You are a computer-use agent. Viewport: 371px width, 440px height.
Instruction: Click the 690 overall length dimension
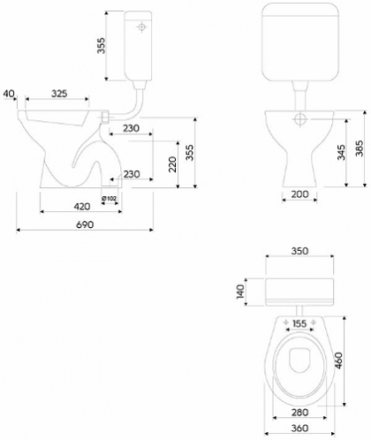click(85, 224)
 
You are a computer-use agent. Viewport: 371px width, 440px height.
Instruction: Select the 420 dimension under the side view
click(81, 207)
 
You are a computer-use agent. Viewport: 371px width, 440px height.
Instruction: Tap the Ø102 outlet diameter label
click(109, 198)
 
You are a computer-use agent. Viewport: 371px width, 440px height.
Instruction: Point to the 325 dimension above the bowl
click(59, 94)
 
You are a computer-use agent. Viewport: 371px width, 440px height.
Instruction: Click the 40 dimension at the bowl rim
click(9, 94)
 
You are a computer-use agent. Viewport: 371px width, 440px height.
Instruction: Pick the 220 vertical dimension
click(172, 164)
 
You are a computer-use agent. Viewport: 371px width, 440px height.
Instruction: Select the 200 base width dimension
click(299, 194)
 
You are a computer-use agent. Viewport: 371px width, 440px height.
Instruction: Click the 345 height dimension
click(342, 152)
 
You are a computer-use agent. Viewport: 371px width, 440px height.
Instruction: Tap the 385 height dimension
click(360, 148)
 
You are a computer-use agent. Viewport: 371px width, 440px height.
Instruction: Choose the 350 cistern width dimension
click(299, 251)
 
